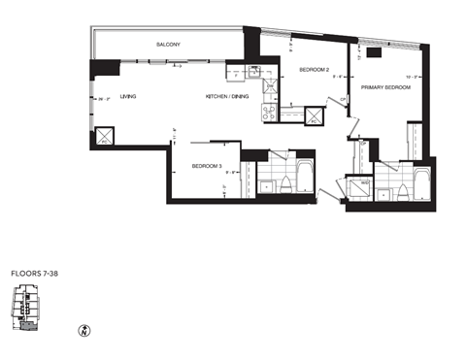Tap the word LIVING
click(127, 97)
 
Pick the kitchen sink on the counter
click(269, 113)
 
